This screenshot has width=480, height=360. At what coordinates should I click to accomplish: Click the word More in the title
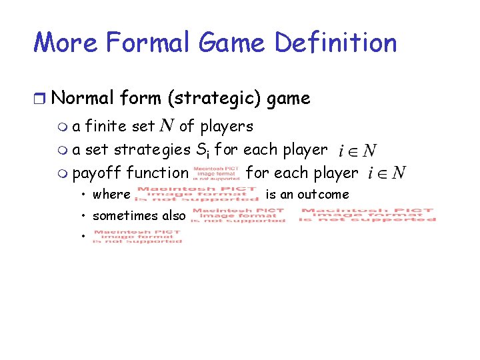click(x=65, y=43)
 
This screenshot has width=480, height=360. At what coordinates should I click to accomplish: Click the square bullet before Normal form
click(x=41, y=99)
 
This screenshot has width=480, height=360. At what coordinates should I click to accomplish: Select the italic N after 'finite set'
click(x=167, y=126)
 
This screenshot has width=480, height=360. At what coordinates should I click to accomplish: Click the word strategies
click(x=151, y=149)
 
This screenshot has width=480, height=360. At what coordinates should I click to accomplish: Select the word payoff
click(x=97, y=173)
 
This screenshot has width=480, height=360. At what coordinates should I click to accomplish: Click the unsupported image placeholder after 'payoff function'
click(x=216, y=173)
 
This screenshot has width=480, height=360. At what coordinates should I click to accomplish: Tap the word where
click(x=111, y=195)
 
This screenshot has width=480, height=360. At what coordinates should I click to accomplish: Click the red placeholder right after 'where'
click(x=196, y=194)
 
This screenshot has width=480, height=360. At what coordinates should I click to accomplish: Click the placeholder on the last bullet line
click(x=137, y=237)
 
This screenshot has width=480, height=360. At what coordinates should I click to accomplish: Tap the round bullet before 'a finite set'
click(x=63, y=127)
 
